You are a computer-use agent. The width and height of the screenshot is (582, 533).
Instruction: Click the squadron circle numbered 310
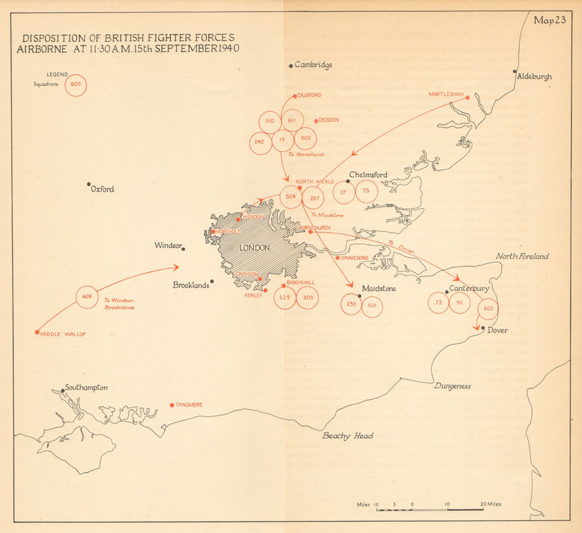click(269, 121)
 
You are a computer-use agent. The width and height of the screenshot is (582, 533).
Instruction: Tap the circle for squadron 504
click(291, 197)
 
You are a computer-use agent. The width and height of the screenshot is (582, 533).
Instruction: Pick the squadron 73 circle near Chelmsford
click(366, 191)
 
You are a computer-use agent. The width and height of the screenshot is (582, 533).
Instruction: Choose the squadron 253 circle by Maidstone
click(351, 304)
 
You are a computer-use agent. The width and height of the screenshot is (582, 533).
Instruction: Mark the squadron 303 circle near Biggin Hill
click(307, 298)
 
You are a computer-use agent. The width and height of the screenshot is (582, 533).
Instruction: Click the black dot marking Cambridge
click(291, 66)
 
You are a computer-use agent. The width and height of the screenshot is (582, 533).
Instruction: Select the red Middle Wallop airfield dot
click(37, 332)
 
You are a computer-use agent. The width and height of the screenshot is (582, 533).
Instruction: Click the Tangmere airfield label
click(189, 405)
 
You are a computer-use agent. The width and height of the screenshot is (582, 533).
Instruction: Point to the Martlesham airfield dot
click(467, 98)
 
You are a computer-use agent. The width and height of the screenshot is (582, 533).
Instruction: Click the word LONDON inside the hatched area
click(255, 248)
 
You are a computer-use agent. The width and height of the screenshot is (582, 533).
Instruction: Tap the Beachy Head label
click(348, 436)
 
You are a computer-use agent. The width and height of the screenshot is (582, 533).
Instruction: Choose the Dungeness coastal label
click(452, 386)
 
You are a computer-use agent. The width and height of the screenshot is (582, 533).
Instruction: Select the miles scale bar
click(430, 509)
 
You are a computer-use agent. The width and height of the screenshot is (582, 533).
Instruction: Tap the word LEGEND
click(58, 74)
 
